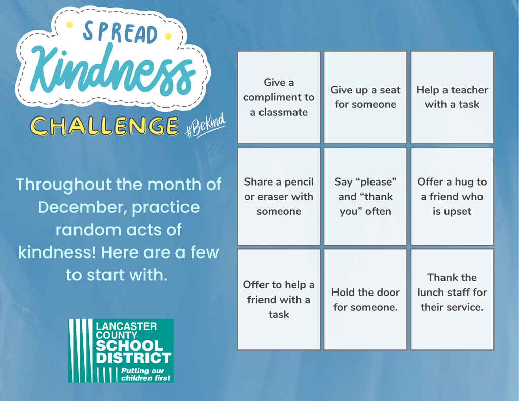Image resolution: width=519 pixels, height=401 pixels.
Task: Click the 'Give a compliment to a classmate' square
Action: pos(279,97)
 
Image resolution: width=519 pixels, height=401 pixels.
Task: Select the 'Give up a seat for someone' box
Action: pos(365,97)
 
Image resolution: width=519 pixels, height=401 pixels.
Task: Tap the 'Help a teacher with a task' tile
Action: pos(452,97)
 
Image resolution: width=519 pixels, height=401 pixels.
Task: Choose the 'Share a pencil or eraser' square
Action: pos(279,196)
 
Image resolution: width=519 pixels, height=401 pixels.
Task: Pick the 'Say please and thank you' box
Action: pos(365,196)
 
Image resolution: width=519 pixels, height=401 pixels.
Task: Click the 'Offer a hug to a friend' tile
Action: pos(452,196)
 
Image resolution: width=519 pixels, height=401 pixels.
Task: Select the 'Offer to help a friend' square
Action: pos(279,299)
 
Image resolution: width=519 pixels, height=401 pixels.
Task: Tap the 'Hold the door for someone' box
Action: pos(365,299)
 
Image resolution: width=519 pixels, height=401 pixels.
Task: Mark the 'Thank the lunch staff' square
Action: pos(452,299)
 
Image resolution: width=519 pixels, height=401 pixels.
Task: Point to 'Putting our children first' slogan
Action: pos(145,375)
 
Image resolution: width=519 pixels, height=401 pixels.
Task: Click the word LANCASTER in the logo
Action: pos(126,326)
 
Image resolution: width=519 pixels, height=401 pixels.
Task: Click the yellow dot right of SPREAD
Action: pos(168,36)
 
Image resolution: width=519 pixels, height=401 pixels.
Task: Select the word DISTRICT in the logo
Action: pos(133,359)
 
